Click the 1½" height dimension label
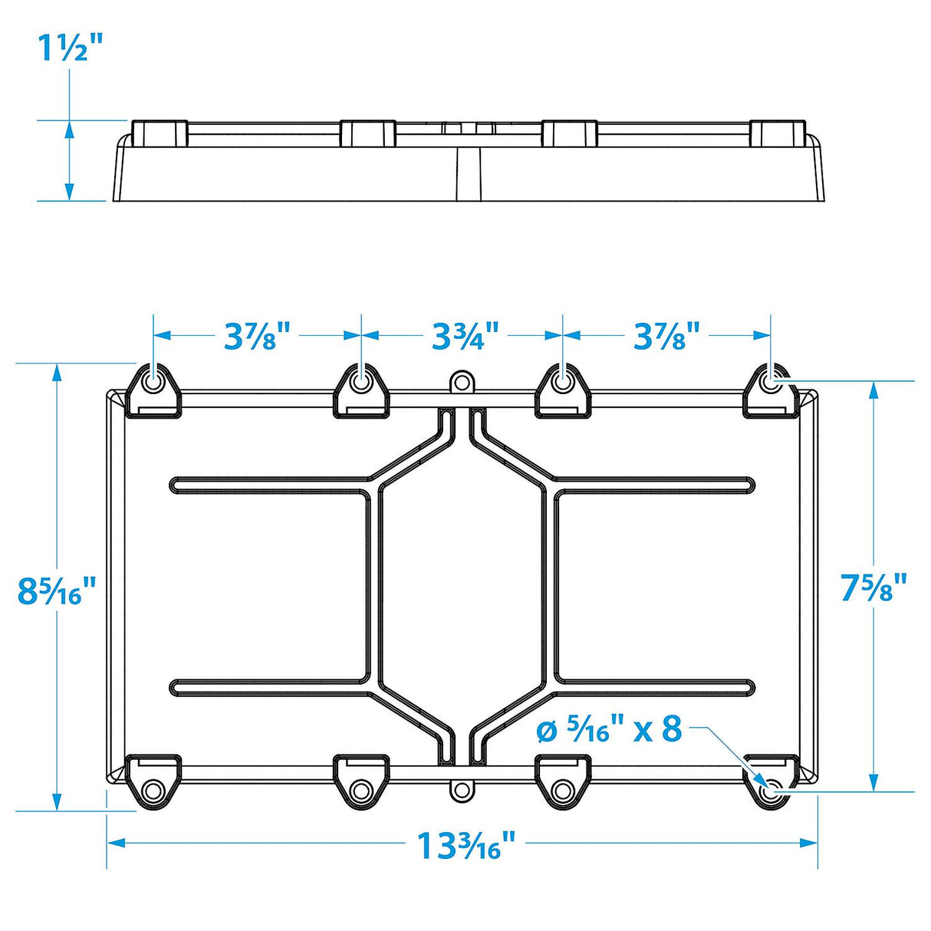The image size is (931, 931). click(x=70, y=49)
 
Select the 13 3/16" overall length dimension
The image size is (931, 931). click(x=459, y=845)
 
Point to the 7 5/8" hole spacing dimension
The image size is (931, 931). click(x=873, y=587)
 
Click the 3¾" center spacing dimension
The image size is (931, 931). click(x=464, y=336)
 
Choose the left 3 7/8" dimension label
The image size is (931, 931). click(x=258, y=336)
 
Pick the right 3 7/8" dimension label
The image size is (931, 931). click(x=666, y=336)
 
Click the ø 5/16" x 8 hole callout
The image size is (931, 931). click(x=610, y=729)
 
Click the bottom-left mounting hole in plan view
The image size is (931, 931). click(x=153, y=790)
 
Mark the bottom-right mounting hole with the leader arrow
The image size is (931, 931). click(x=771, y=790)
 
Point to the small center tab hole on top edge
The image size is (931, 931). click(x=460, y=381)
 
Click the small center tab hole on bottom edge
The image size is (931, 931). click(x=460, y=788)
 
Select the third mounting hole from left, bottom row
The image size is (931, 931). click(x=564, y=790)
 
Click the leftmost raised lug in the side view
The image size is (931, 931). click(x=160, y=132)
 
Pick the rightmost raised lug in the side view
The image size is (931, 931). click(x=777, y=132)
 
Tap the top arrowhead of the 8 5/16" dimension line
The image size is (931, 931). click(x=57, y=372)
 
